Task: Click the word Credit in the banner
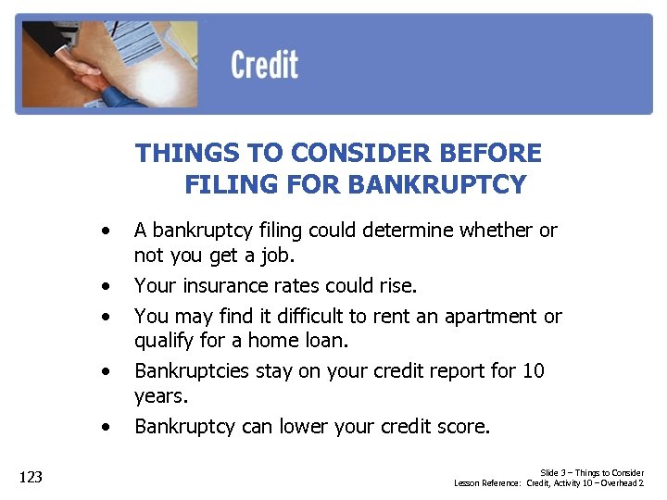pos(264,66)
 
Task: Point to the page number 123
pos(31,477)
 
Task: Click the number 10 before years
pos(533,370)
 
